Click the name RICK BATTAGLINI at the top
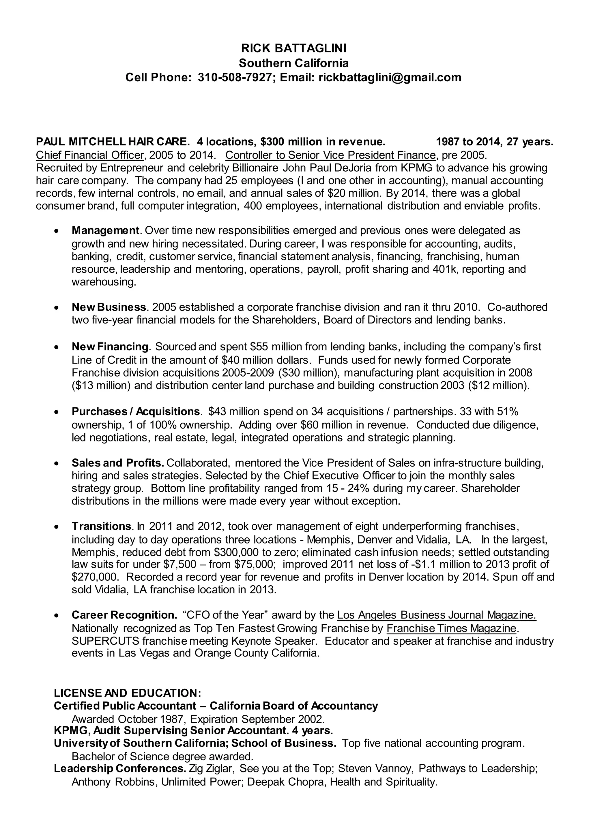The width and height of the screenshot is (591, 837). coord(294,48)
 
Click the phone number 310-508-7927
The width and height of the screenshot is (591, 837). coord(235,77)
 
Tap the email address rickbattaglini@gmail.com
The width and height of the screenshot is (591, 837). coord(390,77)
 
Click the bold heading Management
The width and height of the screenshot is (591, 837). coord(105,230)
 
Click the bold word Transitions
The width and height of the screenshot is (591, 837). coord(101,526)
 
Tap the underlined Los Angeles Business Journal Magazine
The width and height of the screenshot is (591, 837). coord(436,615)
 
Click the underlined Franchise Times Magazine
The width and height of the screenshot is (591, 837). coord(452,628)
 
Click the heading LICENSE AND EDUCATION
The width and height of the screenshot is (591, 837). coord(127,693)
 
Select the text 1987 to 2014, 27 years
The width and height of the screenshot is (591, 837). coord(495,142)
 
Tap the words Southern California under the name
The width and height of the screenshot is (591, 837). coord(294,63)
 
